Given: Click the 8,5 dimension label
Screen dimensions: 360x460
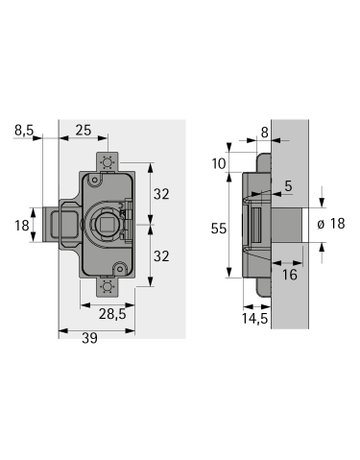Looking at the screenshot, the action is [24, 130].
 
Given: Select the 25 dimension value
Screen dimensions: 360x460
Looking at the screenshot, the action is [83, 130].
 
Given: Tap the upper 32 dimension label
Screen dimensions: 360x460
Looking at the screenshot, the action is [161, 194].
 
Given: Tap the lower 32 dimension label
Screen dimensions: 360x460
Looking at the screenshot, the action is [161, 256].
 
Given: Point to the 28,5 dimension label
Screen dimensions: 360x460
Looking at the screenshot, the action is [112, 314].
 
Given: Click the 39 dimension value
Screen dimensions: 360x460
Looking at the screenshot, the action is [90, 338].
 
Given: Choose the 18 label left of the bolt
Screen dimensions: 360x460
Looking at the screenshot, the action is [22, 225].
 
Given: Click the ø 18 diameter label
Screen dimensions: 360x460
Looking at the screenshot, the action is [331, 224].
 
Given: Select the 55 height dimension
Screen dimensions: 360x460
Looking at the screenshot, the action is [219, 229].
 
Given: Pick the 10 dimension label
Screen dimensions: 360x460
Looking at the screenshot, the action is [219, 164].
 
